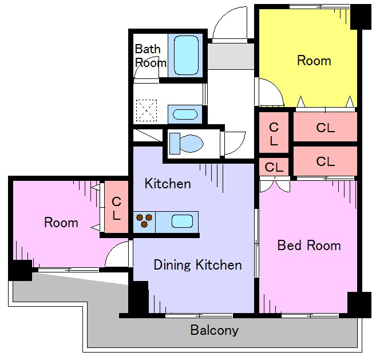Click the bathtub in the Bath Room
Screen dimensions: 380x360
point(186,56)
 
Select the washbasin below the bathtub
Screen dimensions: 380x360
point(185,114)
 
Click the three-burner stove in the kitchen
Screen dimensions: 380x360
point(144,220)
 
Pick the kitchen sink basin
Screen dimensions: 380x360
point(182,221)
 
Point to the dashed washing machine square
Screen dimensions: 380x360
point(147,110)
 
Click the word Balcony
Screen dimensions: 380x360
point(215,330)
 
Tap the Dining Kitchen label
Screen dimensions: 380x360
point(198,265)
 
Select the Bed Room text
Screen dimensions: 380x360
point(309,246)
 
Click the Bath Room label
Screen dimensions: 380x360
point(151,56)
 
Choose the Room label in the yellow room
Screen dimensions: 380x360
point(314,61)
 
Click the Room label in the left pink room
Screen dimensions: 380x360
point(61,223)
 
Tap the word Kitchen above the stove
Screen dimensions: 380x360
point(168,184)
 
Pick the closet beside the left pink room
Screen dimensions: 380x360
point(116,207)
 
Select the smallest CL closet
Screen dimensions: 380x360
point(274,167)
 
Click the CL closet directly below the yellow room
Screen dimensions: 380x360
point(325,127)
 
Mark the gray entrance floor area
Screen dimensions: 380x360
point(231,56)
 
